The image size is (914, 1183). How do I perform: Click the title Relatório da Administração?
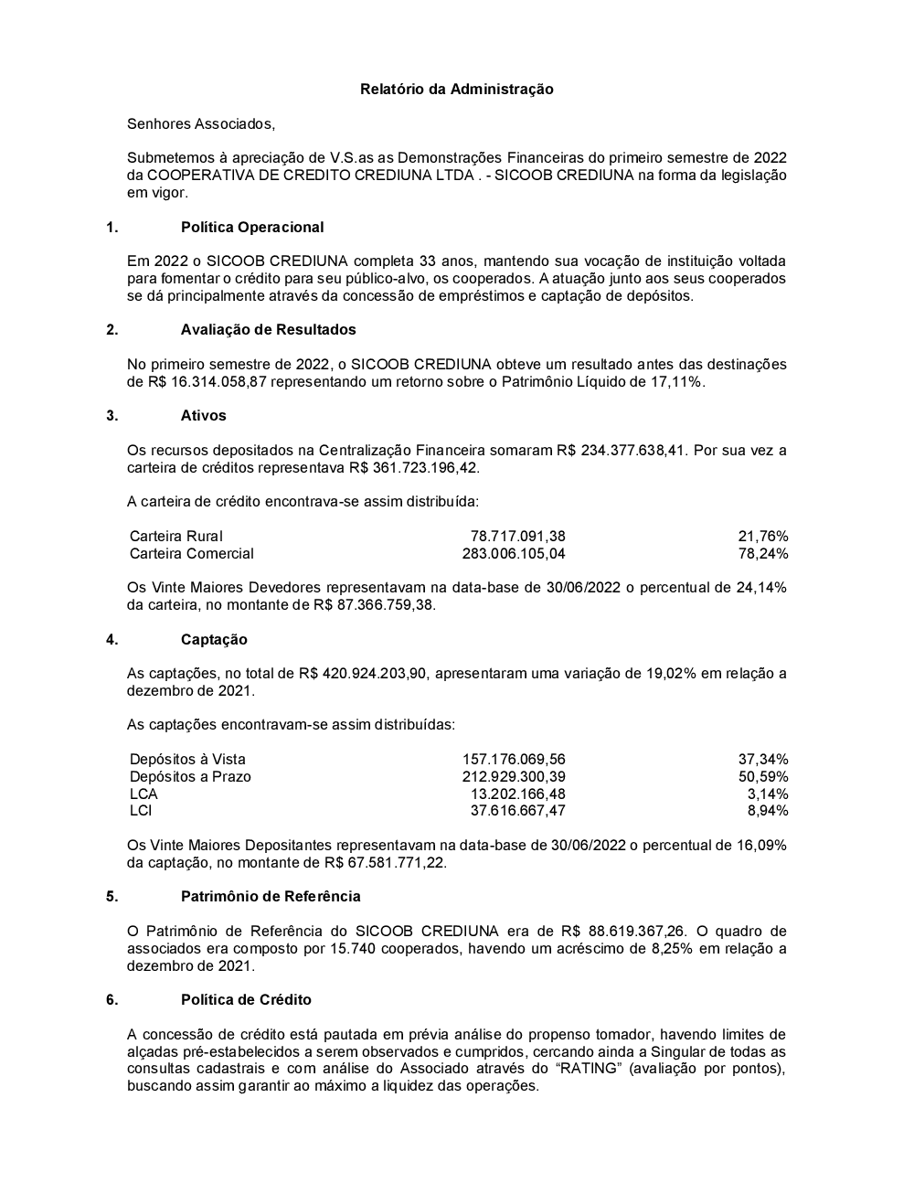(456, 89)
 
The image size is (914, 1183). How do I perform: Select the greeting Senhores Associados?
(200, 123)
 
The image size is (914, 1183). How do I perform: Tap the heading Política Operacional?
(252, 227)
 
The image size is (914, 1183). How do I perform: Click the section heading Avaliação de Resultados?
(268, 329)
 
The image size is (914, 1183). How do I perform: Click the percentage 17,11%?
(677, 382)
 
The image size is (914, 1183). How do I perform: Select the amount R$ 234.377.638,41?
(622, 450)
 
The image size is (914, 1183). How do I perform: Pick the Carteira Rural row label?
(176, 537)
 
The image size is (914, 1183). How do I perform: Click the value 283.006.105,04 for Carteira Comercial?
(514, 553)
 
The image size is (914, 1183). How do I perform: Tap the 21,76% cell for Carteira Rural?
(763, 537)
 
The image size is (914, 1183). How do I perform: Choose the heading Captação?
(214, 639)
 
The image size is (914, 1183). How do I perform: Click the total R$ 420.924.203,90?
(364, 674)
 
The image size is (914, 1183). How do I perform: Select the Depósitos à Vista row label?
(187, 759)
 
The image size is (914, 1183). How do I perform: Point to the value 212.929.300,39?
(514, 776)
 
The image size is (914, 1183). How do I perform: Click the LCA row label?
(143, 794)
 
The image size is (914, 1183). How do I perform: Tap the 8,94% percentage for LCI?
(768, 810)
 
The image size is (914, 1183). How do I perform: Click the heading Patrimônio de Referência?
(271, 896)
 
